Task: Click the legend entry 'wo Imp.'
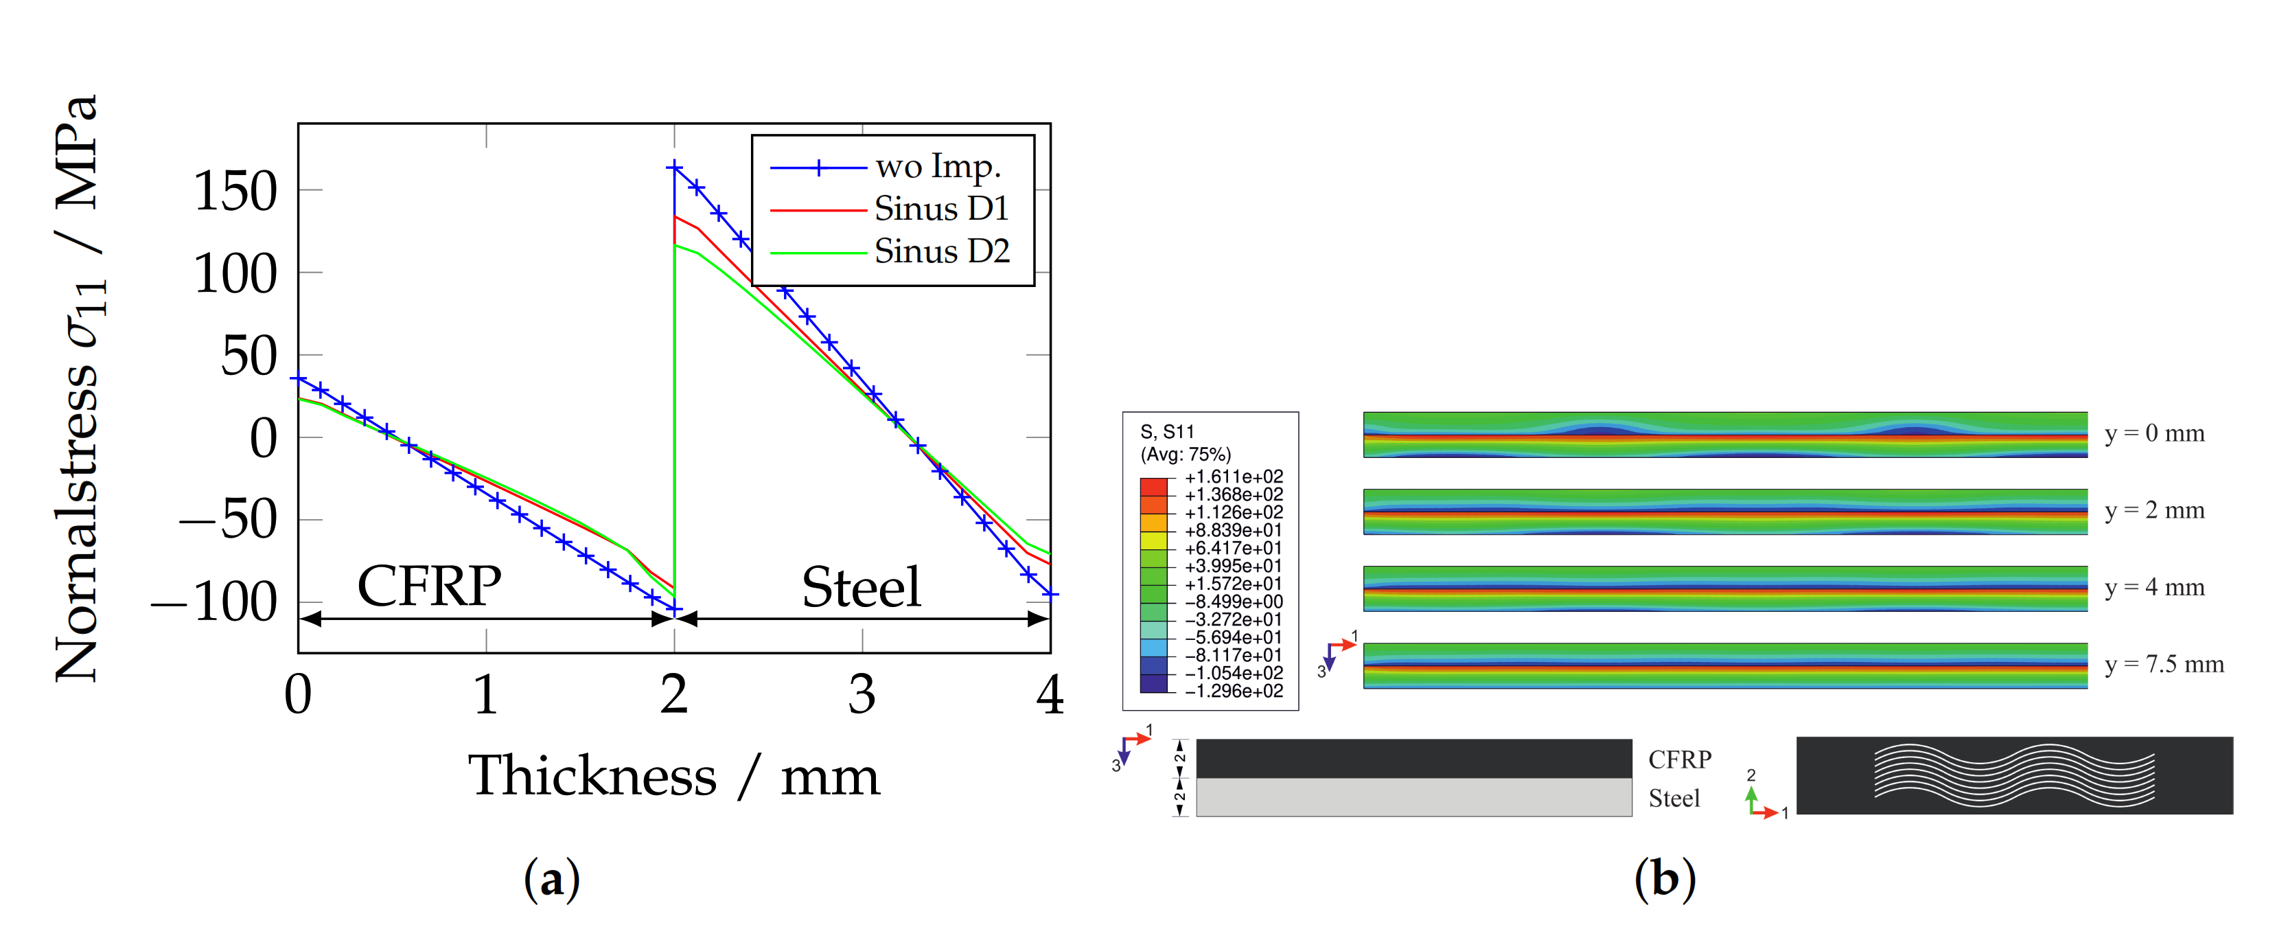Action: click(937, 167)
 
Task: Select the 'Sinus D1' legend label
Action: click(940, 209)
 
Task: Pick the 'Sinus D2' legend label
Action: click(941, 252)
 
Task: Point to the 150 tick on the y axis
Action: click(235, 191)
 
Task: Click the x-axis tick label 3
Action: click(861, 695)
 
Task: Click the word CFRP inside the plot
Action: click(429, 586)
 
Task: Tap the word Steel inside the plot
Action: click(861, 587)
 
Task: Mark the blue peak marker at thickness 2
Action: click(674, 167)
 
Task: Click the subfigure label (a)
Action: click(551, 880)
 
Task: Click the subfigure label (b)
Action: click(1665, 880)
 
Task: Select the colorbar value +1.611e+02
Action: click(1233, 477)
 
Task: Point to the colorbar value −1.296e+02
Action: click(1233, 691)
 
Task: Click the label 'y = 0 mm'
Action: click(2154, 433)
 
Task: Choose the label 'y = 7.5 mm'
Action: click(2164, 665)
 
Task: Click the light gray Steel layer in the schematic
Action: click(1413, 798)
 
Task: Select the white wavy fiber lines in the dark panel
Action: click(2013, 775)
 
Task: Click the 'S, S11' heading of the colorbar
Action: click(1167, 432)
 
